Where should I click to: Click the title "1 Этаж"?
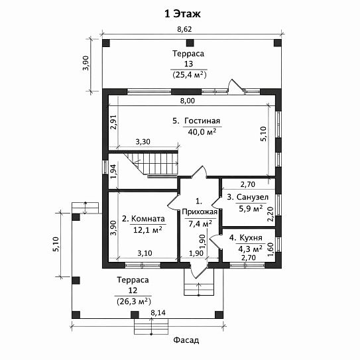coord(182,14)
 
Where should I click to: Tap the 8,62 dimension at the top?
coord(185,29)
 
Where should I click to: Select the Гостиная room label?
coord(202,121)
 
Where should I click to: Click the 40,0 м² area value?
coord(202,131)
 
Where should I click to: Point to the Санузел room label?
coord(252,197)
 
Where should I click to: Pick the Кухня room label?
coord(251,237)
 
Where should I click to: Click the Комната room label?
coord(148,219)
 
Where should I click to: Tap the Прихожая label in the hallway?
coord(200,212)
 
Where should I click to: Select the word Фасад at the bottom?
coord(186,340)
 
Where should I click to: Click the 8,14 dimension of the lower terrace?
coord(158,312)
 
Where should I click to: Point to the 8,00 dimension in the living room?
coord(188,101)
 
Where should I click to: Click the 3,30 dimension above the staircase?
coord(143,142)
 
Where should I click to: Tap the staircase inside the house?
coord(156,164)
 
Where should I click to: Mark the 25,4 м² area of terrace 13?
coord(190,75)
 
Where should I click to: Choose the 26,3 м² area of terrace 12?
coord(134,301)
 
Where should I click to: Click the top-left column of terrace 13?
coord(106,43)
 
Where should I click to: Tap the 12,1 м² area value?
coord(148,229)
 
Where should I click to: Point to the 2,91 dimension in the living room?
coord(113,122)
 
